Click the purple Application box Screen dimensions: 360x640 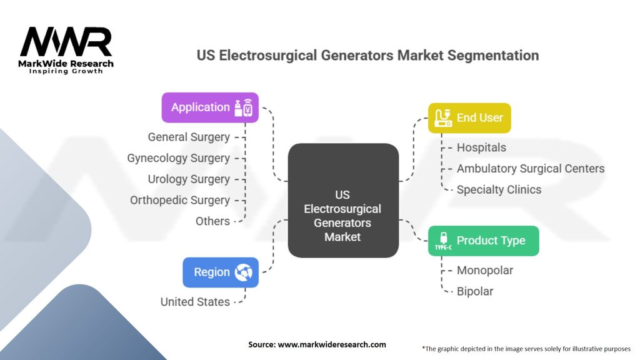click(x=210, y=107)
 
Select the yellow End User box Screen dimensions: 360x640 click(x=469, y=117)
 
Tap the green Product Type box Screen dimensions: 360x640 click(x=483, y=241)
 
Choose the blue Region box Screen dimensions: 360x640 click(x=221, y=272)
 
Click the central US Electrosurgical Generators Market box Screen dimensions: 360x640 click(x=342, y=200)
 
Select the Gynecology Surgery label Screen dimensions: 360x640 click(x=178, y=158)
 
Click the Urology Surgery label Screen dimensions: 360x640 click(x=189, y=179)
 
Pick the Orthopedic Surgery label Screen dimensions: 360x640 click(x=180, y=200)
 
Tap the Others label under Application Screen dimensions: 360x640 click(x=212, y=221)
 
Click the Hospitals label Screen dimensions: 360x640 click(x=481, y=147)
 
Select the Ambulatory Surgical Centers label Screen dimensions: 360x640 click(x=531, y=169)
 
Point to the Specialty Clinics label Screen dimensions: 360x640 click(x=499, y=189)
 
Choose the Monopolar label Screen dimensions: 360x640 click(x=485, y=271)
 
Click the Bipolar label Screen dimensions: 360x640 click(x=475, y=291)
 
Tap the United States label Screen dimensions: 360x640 click(x=195, y=302)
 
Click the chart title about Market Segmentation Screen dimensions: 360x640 click(x=367, y=55)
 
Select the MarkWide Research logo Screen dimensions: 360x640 click(x=66, y=50)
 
